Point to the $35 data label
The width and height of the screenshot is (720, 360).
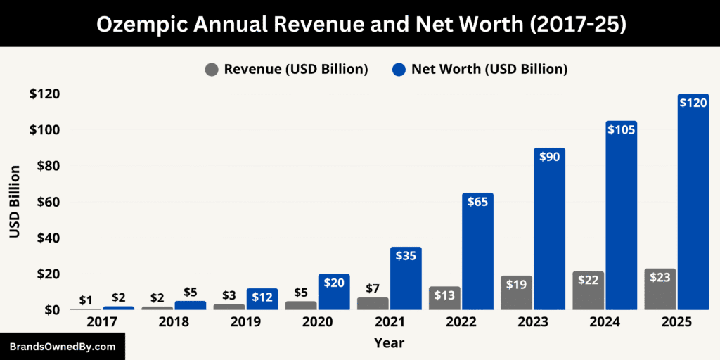pyautogui.click(x=406, y=256)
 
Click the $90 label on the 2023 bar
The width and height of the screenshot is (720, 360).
pyautogui.click(x=549, y=157)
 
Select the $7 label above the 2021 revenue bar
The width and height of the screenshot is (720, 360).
pyautogui.click(x=373, y=288)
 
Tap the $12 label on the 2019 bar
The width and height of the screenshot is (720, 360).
pyautogui.click(x=262, y=297)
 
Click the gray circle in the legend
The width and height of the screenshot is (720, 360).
pyautogui.click(x=212, y=70)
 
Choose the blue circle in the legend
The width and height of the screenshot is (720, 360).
pyautogui.click(x=398, y=70)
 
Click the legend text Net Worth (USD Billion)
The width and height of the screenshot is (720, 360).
pyautogui.click(x=489, y=70)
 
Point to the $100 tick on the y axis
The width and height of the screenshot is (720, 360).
pyautogui.click(x=44, y=130)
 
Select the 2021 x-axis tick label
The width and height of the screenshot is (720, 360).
pyautogui.click(x=373, y=322)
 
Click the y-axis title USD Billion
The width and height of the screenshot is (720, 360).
pyautogui.click(x=15, y=201)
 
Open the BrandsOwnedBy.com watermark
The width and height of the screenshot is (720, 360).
pyautogui.click(x=62, y=347)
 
